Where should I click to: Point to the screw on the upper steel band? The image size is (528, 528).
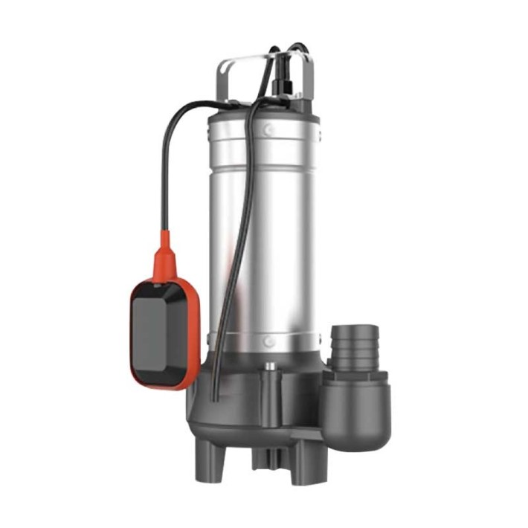pos(268,130)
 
